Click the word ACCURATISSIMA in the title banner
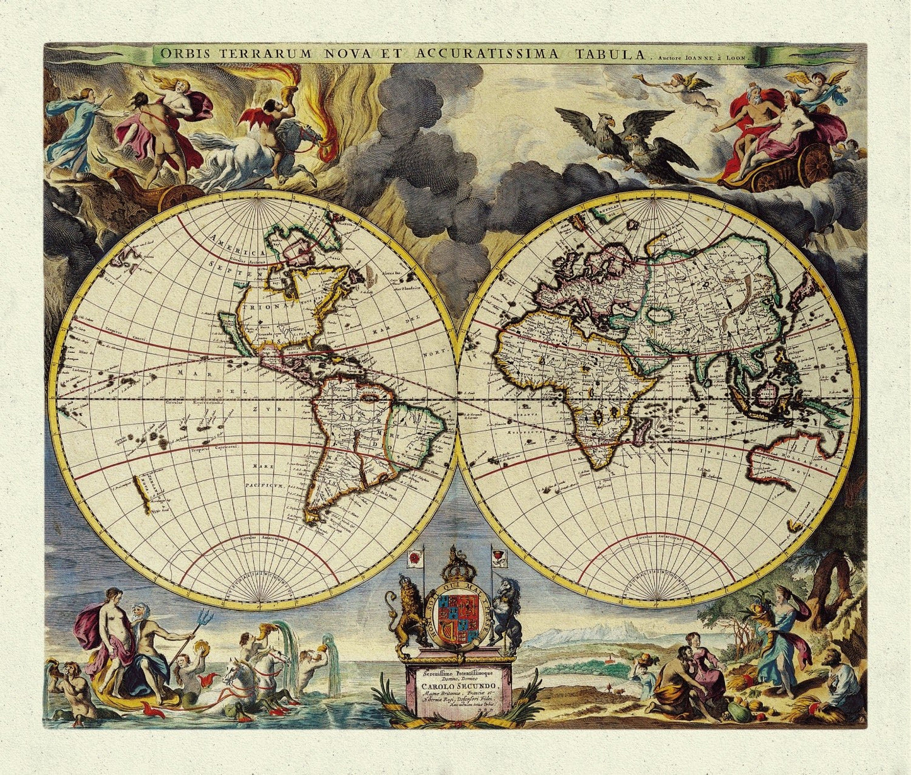(x=487, y=54)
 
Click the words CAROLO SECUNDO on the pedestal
(x=458, y=686)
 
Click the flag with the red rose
(x=415, y=557)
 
